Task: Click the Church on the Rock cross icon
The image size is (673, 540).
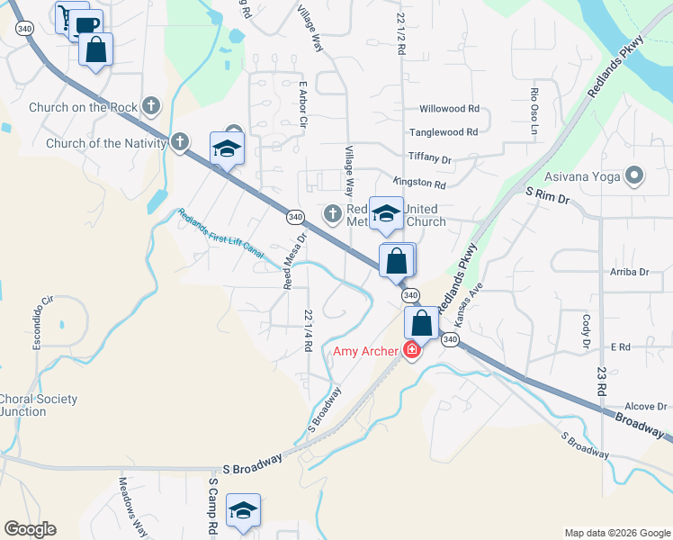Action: tap(151, 106)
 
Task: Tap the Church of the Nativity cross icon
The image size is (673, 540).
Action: tap(180, 141)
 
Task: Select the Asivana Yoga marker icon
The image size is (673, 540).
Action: tap(634, 175)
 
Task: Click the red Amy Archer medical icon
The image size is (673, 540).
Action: tap(412, 350)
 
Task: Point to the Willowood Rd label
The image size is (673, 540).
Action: tap(449, 109)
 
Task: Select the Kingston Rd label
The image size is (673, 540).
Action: tap(419, 184)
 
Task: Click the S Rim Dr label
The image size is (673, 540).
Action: tap(548, 194)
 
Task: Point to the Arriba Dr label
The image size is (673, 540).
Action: tap(629, 271)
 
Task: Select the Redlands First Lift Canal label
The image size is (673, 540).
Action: tap(221, 234)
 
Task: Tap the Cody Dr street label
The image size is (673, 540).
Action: tap(586, 331)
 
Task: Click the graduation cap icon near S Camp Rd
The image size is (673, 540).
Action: tap(243, 510)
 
